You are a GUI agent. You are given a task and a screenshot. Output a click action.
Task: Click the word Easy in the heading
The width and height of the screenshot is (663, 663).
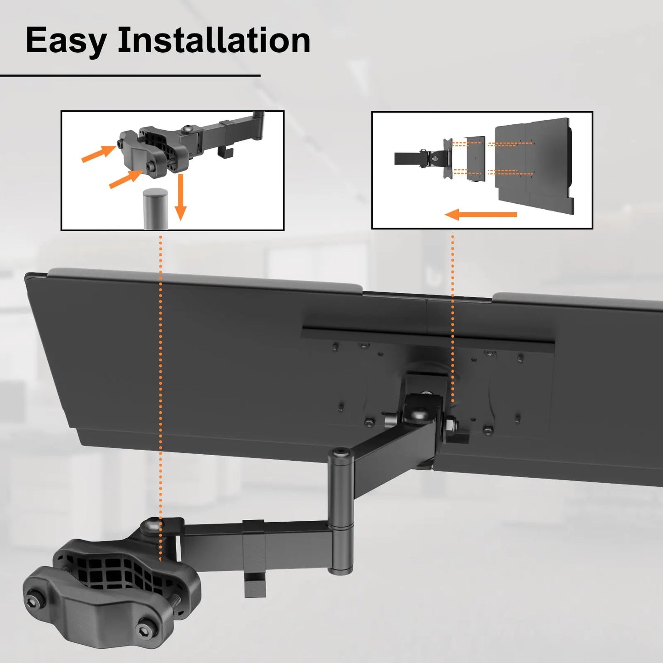point(66,41)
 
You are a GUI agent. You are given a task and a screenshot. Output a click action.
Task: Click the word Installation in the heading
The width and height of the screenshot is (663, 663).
point(214,41)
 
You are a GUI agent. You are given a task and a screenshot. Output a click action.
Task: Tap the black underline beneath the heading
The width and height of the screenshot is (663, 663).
point(130,75)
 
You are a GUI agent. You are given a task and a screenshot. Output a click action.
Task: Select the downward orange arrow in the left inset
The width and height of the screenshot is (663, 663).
point(180,197)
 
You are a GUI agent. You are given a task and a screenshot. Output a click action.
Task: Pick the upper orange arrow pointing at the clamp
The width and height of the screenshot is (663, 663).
point(98,153)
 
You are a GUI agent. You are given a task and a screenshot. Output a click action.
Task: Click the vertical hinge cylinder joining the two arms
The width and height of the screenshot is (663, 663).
point(340,514)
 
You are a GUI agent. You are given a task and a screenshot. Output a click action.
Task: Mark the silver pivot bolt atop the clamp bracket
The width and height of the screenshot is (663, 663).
point(151,526)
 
